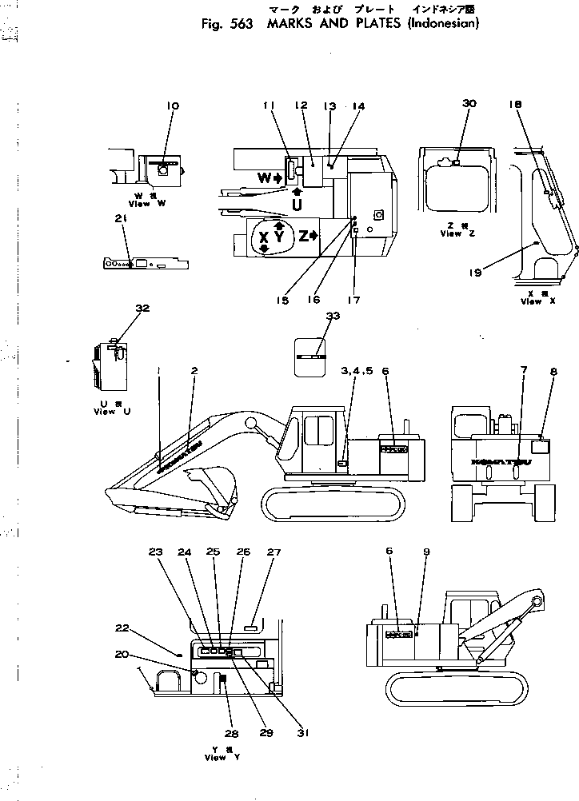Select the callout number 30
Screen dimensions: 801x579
[x=469, y=104]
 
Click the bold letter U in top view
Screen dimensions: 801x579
[x=297, y=205]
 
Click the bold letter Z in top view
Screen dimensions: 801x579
[x=304, y=235]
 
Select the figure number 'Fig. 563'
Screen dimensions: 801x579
[x=220, y=23]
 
